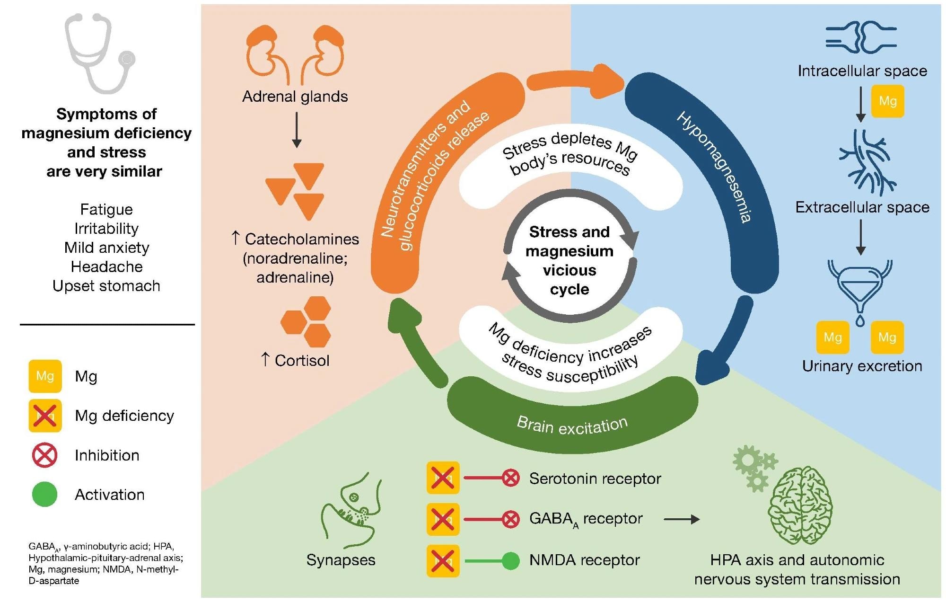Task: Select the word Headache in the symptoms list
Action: [106, 266]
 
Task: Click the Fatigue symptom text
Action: [106, 209]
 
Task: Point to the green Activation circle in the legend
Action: [45, 495]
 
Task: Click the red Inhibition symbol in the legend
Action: [45, 455]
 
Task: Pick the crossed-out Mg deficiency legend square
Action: [45, 416]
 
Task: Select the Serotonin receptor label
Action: [595, 479]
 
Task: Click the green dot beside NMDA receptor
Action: [510, 561]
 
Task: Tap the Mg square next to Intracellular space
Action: [887, 101]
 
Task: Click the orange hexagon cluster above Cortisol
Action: [307, 322]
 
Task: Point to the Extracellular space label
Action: [862, 207]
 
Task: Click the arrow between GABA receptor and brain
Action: [682, 519]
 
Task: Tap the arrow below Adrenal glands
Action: [296, 130]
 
